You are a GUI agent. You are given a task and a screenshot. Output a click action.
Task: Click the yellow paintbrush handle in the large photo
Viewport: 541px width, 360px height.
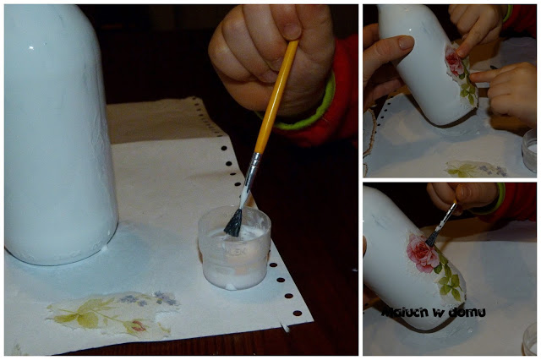pyautogui.click(x=276, y=96)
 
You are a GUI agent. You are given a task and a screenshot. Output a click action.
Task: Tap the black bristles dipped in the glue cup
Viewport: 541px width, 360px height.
pyautogui.click(x=233, y=223)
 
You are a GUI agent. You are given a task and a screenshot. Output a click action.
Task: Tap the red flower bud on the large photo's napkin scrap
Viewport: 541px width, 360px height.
pyautogui.click(x=137, y=326)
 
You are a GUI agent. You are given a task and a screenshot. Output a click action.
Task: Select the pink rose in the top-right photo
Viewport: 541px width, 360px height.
pyautogui.click(x=454, y=62)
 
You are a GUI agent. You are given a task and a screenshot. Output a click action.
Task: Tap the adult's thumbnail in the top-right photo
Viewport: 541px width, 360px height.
pyautogui.click(x=405, y=43)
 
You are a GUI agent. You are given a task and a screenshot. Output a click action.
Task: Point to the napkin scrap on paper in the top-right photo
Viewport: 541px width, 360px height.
pyautogui.click(x=476, y=169)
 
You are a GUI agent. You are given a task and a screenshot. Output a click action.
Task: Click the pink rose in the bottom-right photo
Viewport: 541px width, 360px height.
pyautogui.click(x=422, y=254)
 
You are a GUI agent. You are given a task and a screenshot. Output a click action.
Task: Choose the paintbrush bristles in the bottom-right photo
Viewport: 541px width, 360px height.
pyautogui.click(x=432, y=238)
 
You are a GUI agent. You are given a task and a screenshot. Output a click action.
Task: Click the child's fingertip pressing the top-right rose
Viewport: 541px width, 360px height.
pyautogui.click(x=460, y=53)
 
